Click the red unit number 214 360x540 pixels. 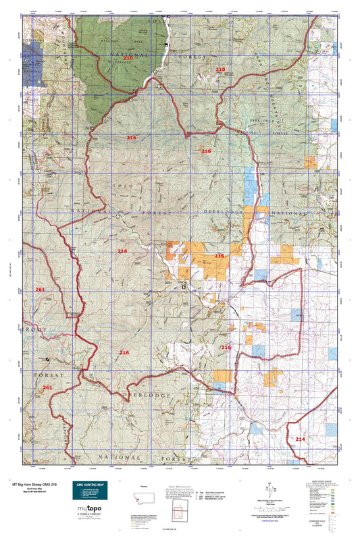coord(300,439)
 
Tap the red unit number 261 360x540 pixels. coord(40,290)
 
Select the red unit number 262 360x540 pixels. coord(47,387)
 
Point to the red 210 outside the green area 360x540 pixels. coord(220,70)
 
